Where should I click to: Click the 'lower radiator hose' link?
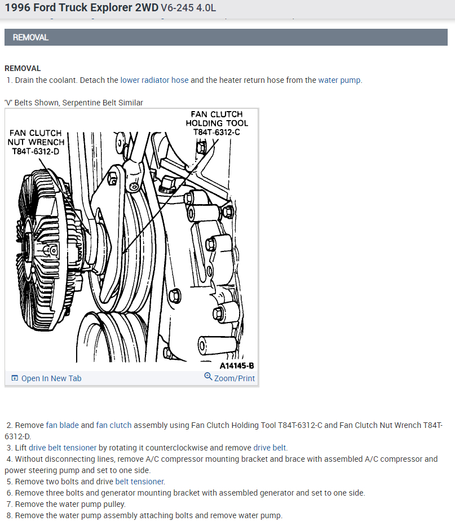pyautogui.click(x=154, y=80)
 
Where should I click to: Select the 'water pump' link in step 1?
pyautogui.click(x=339, y=80)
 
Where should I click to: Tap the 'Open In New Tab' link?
pyautogui.click(x=51, y=378)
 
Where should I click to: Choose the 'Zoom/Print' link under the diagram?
pyautogui.click(x=234, y=378)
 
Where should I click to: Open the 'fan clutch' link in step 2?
pyautogui.click(x=114, y=425)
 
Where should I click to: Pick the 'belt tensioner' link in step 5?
pyautogui.click(x=139, y=482)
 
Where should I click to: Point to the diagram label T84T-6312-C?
pyautogui.click(x=217, y=132)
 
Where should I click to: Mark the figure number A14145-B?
pyautogui.click(x=236, y=365)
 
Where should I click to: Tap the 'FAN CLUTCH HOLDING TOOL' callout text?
pyautogui.click(x=217, y=118)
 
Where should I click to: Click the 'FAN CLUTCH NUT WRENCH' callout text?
pyautogui.click(x=36, y=138)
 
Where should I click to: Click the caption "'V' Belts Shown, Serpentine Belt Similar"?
pyautogui.click(x=74, y=103)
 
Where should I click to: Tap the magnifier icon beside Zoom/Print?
pyautogui.click(x=208, y=377)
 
